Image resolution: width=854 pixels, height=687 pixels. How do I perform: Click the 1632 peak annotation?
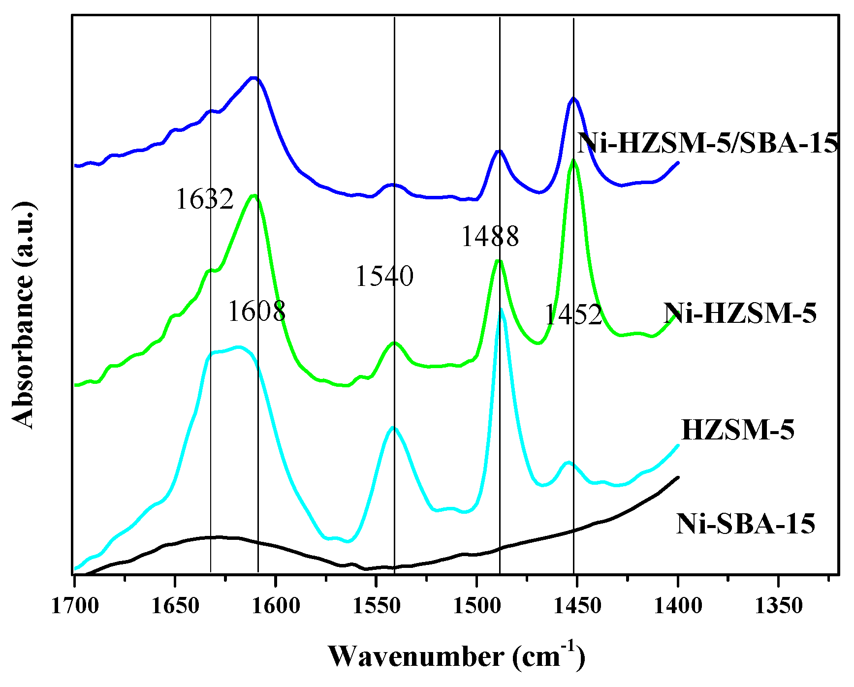pyautogui.click(x=204, y=200)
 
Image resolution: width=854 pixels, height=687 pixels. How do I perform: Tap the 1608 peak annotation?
pyautogui.click(x=256, y=311)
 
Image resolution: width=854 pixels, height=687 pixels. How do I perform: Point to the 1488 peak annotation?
pyautogui.click(x=490, y=236)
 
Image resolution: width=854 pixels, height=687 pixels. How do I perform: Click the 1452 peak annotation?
pyautogui.click(x=573, y=315)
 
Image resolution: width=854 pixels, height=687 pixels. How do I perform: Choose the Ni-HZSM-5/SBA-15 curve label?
pyautogui.click(x=708, y=144)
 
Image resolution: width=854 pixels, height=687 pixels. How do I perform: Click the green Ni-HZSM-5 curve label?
pyautogui.click(x=740, y=313)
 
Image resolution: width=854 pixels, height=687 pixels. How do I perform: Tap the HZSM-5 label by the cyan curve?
pyautogui.click(x=738, y=430)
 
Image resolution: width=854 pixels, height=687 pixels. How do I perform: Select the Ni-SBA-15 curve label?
pyautogui.click(x=745, y=524)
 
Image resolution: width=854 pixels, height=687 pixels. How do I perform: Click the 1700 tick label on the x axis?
pyautogui.click(x=74, y=605)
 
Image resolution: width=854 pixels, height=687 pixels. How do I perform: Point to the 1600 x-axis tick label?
pyautogui.click(x=276, y=605)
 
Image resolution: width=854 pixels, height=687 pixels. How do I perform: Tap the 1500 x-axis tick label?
pyautogui.click(x=476, y=605)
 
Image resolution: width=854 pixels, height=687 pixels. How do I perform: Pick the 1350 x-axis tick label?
pyautogui.click(x=778, y=605)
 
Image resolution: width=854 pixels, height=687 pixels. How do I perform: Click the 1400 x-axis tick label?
pyautogui.click(x=678, y=605)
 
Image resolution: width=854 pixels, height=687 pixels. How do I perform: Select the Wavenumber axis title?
pyautogui.click(x=456, y=657)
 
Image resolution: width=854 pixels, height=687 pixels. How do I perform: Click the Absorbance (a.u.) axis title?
pyautogui.click(x=23, y=315)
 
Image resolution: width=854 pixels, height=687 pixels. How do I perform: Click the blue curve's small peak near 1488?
pyautogui.click(x=499, y=152)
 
